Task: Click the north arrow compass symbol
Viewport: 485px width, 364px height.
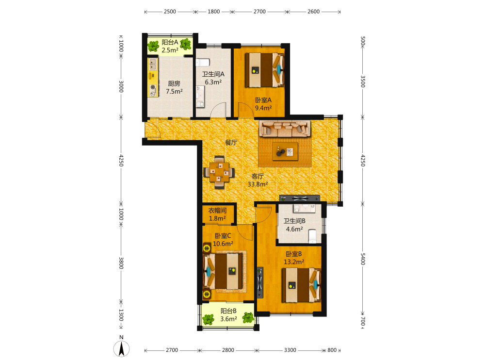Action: tap(121, 348)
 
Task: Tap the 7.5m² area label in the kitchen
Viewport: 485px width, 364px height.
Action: tap(174, 92)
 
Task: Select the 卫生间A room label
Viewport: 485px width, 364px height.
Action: tap(213, 74)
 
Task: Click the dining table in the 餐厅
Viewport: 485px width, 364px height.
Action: tap(219, 172)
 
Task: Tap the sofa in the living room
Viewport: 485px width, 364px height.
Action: tap(285, 129)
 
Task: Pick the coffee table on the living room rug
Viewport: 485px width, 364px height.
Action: tap(285, 151)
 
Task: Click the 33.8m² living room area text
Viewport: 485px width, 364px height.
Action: tap(258, 184)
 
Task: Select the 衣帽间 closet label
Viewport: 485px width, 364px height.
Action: tap(217, 211)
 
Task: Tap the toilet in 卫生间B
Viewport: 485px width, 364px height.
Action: tap(312, 236)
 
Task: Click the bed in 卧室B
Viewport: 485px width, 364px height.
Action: tap(301, 285)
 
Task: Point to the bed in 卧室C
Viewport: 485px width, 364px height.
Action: tap(223, 271)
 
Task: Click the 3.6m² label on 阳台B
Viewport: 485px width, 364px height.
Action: tap(228, 319)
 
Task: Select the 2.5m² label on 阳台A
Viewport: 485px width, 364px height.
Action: tap(170, 50)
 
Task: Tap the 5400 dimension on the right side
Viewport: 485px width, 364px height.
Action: tap(363, 259)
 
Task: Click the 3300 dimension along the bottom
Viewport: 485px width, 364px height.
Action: tap(290, 350)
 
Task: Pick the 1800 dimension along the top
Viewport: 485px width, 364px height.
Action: tap(213, 12)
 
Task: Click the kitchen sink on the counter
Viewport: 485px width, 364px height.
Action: tap(152, 65)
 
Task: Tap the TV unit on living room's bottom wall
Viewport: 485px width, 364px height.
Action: tap(299, 198)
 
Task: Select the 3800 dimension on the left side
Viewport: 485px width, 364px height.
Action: tap(121, 263)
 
